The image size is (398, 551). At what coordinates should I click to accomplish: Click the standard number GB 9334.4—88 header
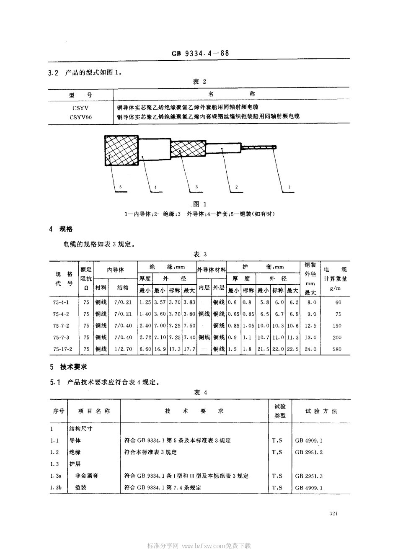[x=200, y=53]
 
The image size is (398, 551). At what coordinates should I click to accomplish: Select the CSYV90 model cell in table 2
[x=81, y=117]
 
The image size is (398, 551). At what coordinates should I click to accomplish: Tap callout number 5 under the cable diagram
[x=120, y=187]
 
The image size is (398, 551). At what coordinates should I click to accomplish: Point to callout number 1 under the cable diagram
[x=289, y=187]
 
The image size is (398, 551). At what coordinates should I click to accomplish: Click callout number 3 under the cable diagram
[x=196, y=187]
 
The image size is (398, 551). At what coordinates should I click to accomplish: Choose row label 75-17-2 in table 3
[x=63, y=349]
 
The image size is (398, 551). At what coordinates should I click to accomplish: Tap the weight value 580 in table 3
[x=337, y=349]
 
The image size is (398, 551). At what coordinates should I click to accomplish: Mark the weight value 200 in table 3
[x=337, y=337]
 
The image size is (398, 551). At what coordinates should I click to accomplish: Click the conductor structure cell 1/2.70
[x=123, y=349]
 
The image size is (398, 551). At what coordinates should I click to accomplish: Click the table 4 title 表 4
[x=200, y=392]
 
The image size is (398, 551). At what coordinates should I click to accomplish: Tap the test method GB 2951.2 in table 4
[x=309, y=452]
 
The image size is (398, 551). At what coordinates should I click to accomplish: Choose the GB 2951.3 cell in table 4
[x=309, y=476]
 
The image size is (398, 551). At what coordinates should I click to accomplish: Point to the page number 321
[x=334, y=514]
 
